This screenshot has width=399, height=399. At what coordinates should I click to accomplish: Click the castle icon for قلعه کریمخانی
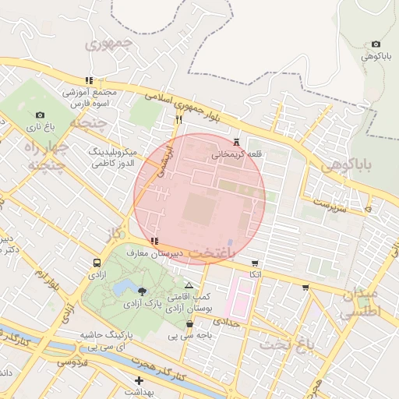pyautogui.click(x=237, y=143)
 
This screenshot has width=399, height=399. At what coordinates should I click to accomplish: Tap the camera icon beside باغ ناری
pyautogui.click(x=40, y=115)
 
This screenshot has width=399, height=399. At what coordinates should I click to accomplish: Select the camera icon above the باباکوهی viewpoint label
pyautogui.click(x=376, y=44)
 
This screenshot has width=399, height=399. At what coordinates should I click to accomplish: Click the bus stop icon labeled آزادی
pyautogui.click(x=96, y=263)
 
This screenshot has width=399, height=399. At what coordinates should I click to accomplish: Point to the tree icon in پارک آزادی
pyautogui.click(x=141, y=291)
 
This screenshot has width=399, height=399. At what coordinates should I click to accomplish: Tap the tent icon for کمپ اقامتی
pyautogui.click(x=189, y=286)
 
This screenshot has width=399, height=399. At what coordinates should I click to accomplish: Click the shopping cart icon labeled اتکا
pyautogui.click(x=255, y=263)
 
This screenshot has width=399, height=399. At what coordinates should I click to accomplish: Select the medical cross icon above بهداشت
pyautogui.click(x=139, y=381)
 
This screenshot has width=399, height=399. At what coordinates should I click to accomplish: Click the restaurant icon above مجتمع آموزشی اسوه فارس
pyautogui.click(x=90, y=80)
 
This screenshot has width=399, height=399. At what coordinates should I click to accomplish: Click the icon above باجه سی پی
pyautogui.click(x=190, y=324)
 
